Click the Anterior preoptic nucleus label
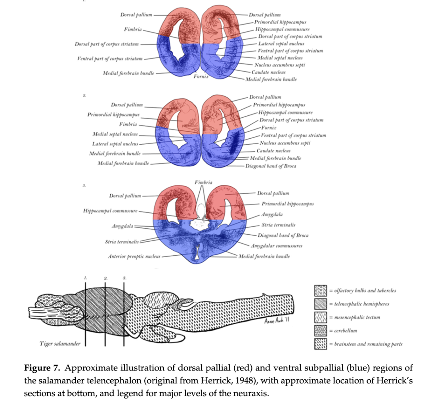click(134, 256)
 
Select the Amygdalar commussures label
click(276, 246)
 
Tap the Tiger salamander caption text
click(60, 344)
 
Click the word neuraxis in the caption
click(252, 394)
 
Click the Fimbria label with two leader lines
click(203, 182)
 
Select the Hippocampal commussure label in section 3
click(110, 211)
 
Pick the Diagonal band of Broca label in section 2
click(271, 166)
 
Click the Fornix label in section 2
click(267, 128)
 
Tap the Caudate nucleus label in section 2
click(273, 151)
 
